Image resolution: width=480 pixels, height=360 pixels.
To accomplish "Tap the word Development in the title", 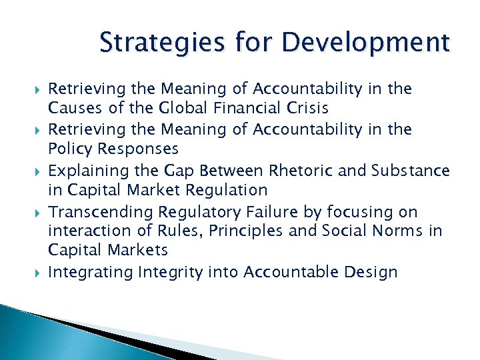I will pos(365,43).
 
